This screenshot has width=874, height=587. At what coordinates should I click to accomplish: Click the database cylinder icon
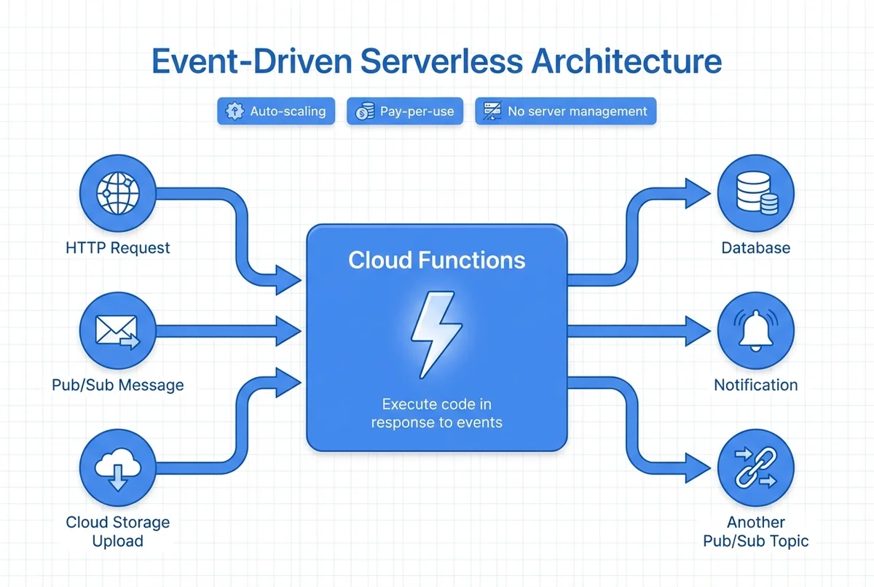tap(755, 193)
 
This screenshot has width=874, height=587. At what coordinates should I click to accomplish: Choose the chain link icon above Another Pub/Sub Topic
tap(755, 468)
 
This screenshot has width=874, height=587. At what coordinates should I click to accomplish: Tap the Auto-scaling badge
tap(276, 112)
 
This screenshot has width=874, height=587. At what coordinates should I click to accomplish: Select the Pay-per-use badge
tap(405, 112)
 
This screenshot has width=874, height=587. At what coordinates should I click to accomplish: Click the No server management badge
tap(566, 112)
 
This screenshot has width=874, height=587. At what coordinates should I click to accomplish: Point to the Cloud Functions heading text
tap(436, 260)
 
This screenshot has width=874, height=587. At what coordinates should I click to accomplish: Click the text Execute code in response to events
tap(436, 413)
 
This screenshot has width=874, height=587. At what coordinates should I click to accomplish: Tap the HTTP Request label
tap(117, 248)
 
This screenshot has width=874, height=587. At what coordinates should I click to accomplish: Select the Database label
tap(755, 248)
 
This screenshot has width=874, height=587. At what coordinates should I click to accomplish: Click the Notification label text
tap(755, 385)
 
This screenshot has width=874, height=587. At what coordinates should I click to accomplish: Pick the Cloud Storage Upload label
tap(117, 532)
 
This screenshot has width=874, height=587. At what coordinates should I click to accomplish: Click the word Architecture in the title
tap(626, 61)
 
